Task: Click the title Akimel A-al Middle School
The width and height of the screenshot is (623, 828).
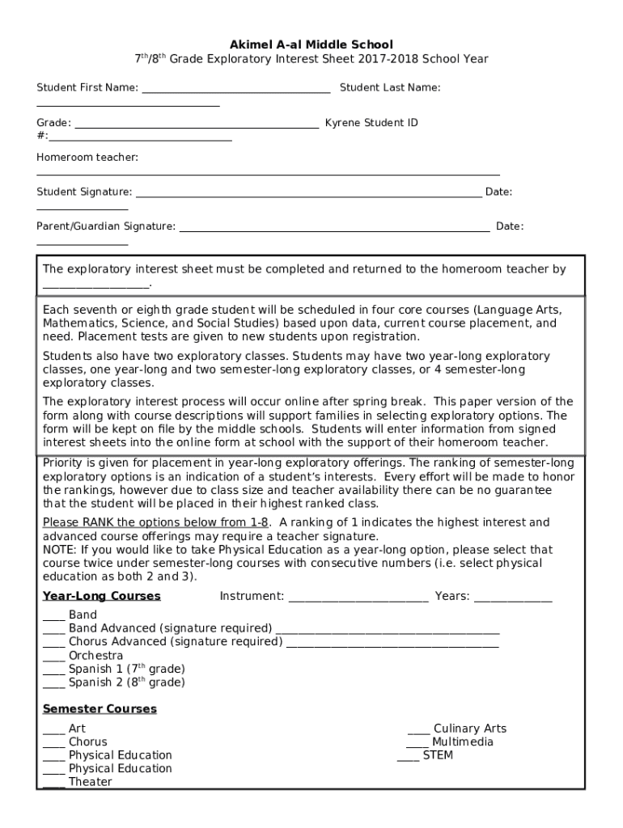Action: click(x=311, y=44)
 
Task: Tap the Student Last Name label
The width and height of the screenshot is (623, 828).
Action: click(x=390, y=87)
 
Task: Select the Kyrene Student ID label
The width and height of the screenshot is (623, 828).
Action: click(x=371, y=123)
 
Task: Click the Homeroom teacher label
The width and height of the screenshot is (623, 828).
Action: click(x=87, y=157)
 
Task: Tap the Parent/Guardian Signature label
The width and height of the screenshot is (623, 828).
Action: click(x=106, y=226)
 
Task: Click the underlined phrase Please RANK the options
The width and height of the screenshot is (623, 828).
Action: click(x=155, y=522)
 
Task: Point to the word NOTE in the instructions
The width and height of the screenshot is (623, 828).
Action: click(x=57, y=550)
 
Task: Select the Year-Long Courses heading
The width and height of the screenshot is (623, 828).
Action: click(x=102, y=596)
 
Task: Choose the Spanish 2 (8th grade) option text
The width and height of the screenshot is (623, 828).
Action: click(x=126, y=682)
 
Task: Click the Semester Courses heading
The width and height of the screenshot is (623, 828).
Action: click(x=100, y=709)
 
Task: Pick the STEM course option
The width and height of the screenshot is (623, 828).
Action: click(x=438, y=755)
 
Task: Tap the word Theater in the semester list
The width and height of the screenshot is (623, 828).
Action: click(x=91, y=783)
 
